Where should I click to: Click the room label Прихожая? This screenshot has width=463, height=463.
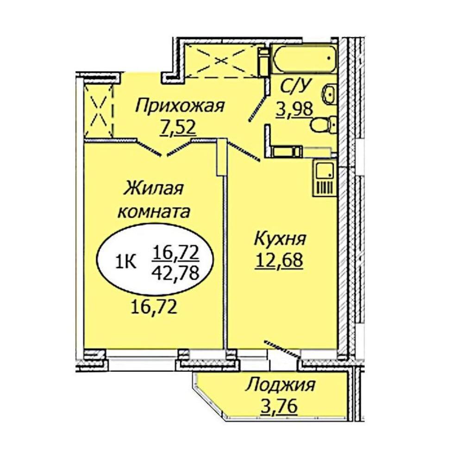click(180, 106)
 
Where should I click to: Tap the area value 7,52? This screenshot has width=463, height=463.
click(177, 128)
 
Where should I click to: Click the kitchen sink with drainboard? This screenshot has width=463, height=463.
click(324, 178)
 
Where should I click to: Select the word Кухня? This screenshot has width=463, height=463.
click(280, 239)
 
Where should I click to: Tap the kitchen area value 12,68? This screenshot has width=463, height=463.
click(280, 261)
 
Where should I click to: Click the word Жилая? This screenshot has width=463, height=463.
click(154, 189)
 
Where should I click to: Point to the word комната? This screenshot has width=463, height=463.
click(154, 212)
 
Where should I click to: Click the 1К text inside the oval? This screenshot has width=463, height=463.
click(126, 262)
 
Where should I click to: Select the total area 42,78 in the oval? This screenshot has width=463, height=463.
click(175, 274)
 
